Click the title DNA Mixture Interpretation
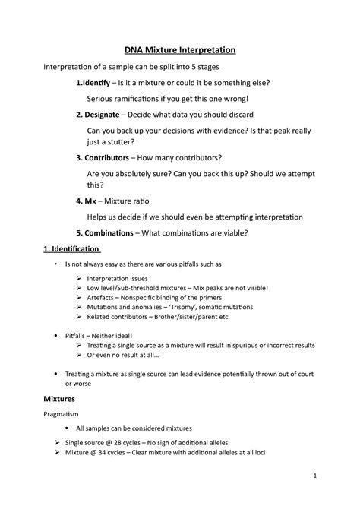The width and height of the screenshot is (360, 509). (x=179, y=50)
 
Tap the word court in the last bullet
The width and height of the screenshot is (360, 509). (x=294, y=374)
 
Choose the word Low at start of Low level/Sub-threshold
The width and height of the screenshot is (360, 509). (x=93, y=289)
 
